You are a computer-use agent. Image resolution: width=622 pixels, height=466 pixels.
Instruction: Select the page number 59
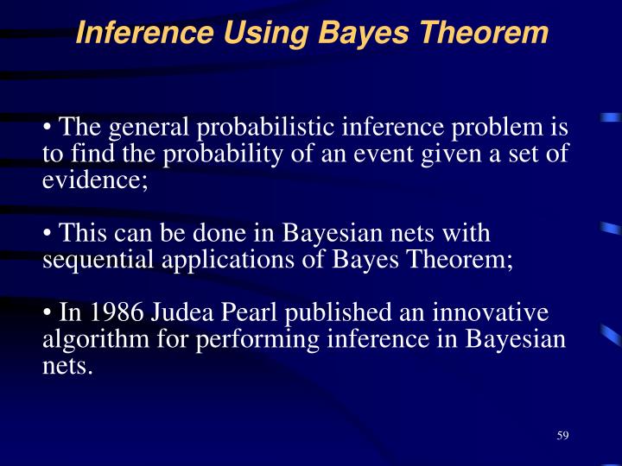tap(562, 435)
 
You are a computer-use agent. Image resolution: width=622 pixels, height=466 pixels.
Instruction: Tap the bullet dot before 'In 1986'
tap(48, 313)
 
